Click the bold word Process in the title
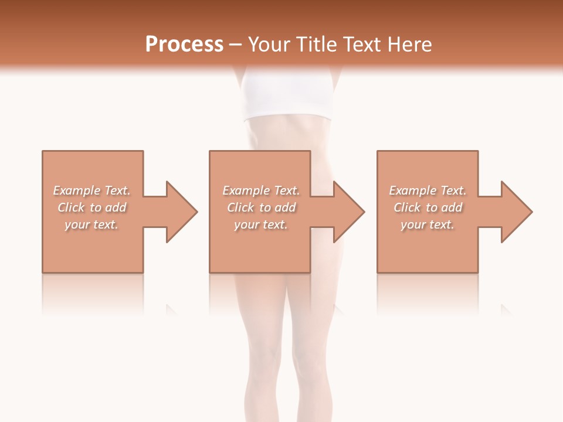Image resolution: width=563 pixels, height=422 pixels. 184,45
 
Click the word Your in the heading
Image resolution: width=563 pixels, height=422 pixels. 269,45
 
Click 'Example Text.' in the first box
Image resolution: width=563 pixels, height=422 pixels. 91,190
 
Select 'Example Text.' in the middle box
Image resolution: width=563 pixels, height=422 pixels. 260,190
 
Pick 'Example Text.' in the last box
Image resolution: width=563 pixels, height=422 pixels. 428,190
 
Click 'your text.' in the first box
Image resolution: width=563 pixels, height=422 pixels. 91,224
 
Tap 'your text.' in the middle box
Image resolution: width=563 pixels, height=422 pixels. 260,224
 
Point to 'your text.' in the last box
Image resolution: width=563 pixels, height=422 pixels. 428,224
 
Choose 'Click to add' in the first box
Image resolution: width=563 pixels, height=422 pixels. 91,207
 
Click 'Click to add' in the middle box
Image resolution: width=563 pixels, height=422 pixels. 260,207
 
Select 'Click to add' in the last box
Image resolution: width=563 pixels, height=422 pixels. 428,207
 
